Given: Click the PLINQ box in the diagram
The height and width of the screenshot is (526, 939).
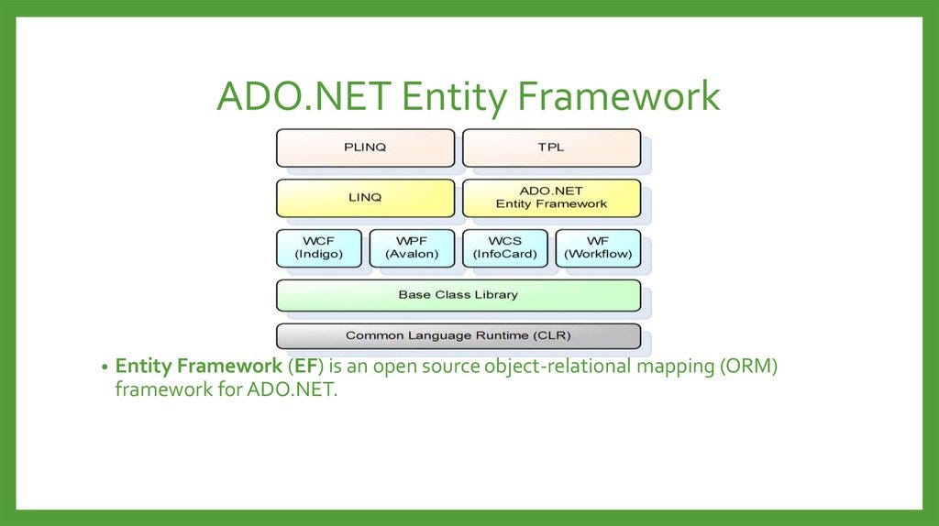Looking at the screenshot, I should [x=365, y=148].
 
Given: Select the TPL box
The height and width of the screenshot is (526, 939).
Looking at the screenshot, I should [x=551, y=148].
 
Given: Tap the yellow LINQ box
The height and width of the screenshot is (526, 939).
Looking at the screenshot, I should [x=365, y=198].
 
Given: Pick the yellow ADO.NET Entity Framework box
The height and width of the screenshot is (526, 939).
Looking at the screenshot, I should [x=551, y=198].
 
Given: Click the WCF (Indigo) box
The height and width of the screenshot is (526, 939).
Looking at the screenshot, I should [x=319, y=247].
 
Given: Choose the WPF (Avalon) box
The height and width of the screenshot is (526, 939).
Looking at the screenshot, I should [x=412, y=247].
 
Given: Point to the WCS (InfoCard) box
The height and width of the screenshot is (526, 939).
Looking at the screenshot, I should [x=505, y=247].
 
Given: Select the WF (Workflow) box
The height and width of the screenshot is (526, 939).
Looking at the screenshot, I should [x=598, y=247].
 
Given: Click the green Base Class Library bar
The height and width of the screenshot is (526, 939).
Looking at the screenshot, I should [x=458, y=295].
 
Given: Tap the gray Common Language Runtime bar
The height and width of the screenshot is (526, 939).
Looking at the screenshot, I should [x=458, y=336].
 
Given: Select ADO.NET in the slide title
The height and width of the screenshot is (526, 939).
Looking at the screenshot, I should [x=304, y=97].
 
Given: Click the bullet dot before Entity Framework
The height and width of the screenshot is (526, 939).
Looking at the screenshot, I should [x=105, y=367].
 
